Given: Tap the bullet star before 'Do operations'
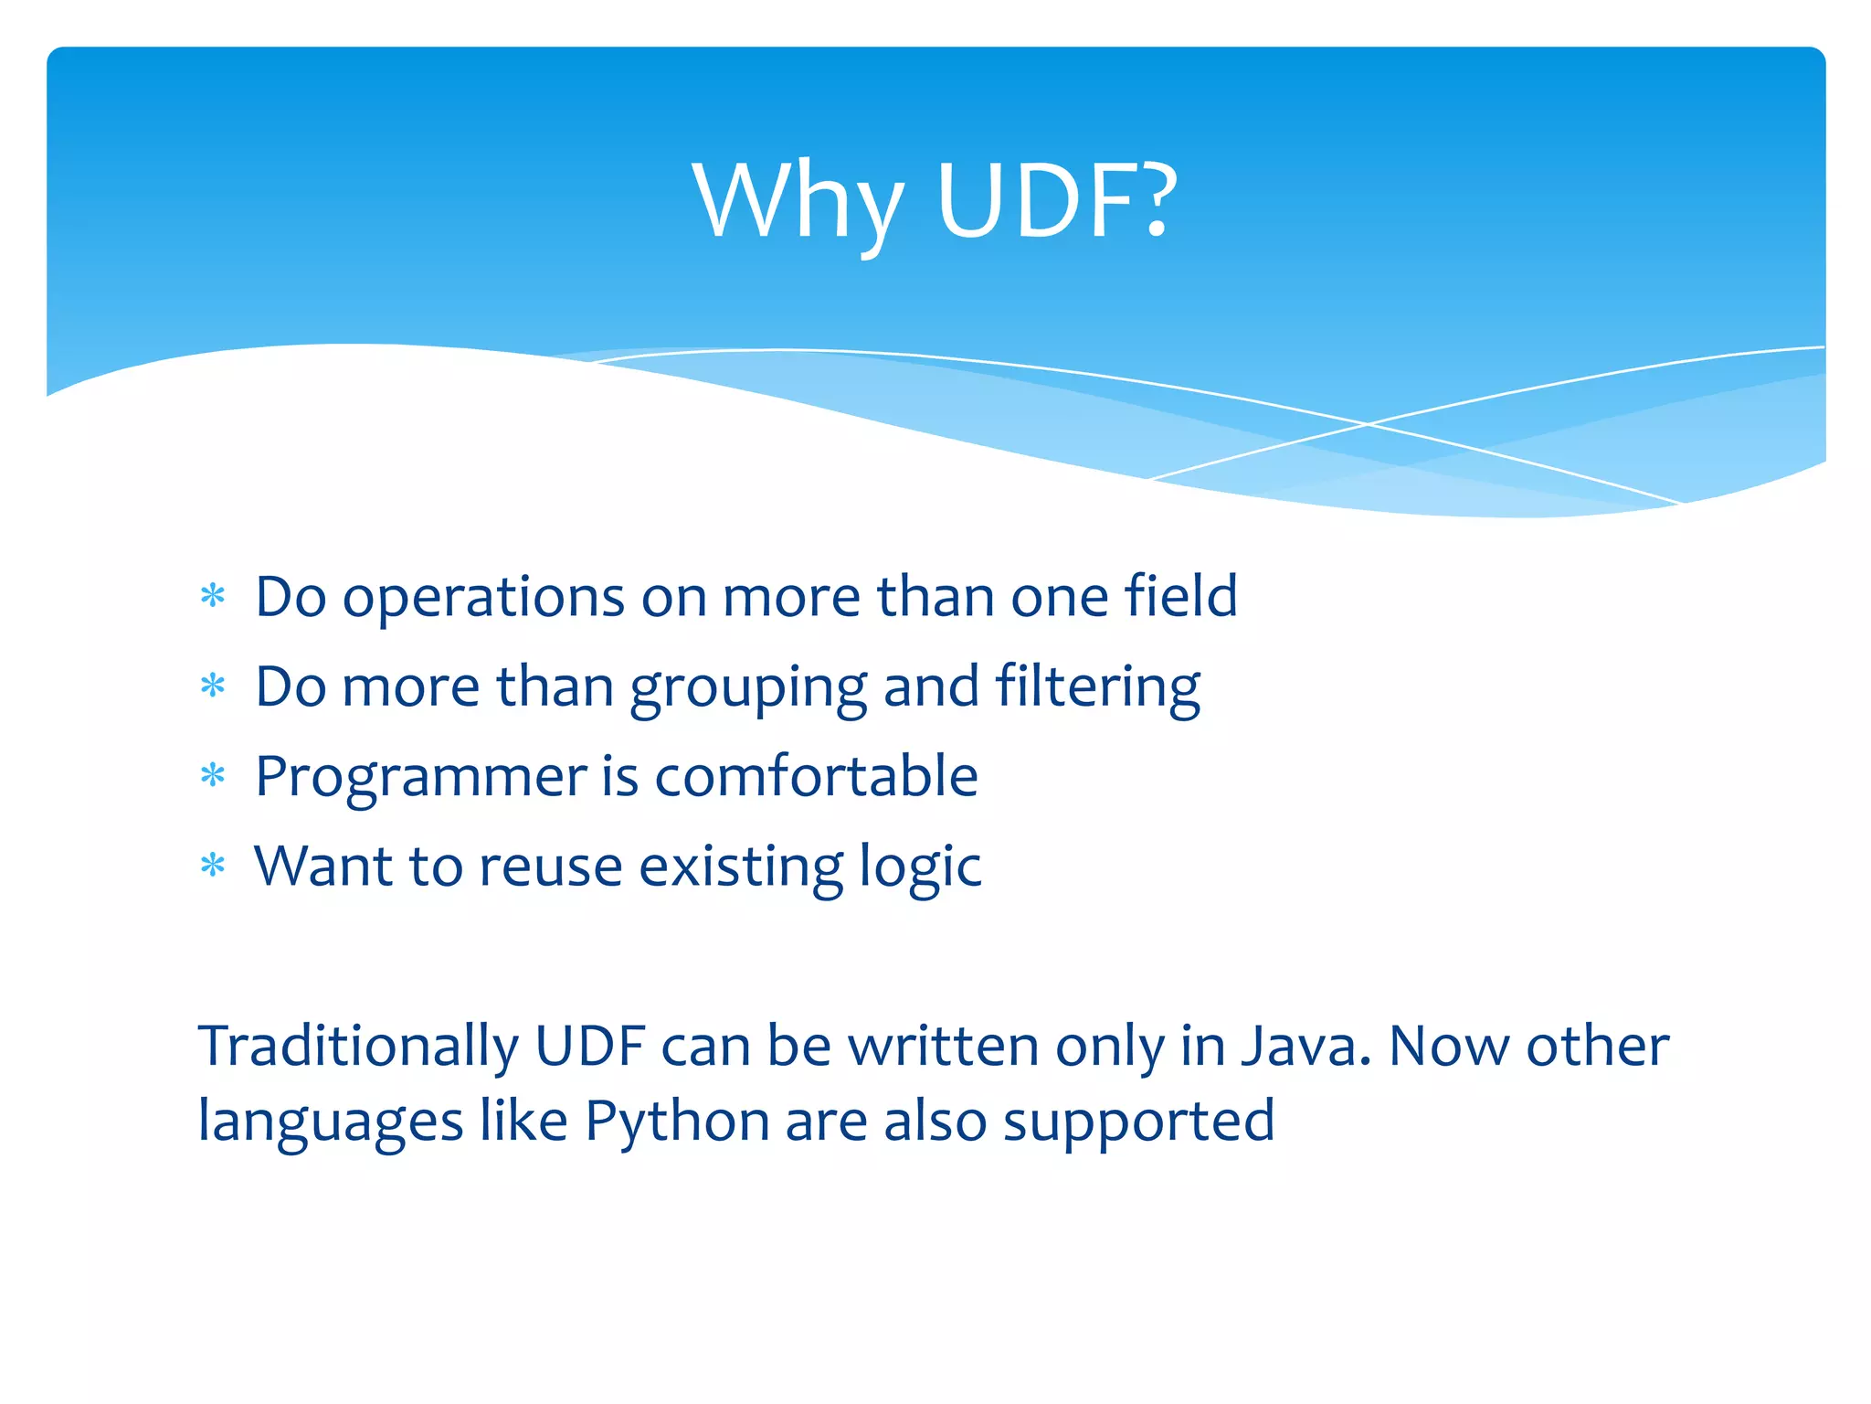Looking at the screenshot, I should tap(213, 596).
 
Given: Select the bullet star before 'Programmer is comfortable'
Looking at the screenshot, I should tap(213, 776).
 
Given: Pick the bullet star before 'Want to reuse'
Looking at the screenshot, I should tap(213, 865).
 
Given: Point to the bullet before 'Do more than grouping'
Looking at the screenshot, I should tap(213, 686).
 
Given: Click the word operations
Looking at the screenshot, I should tap(483, 599).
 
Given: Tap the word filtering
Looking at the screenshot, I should tap(1097, 687).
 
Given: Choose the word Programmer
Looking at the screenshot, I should tap(420, 779).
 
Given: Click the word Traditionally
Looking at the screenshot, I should tap(358, 1047).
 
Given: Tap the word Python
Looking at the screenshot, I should tap(677, 1122).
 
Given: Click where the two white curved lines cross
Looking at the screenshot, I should tap(1368, 424).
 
